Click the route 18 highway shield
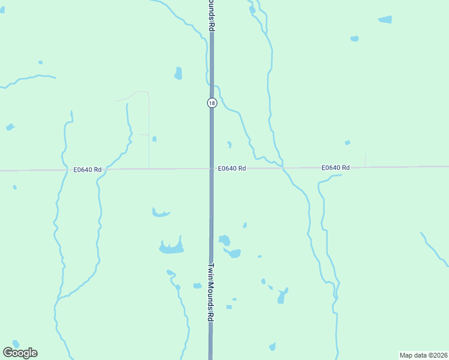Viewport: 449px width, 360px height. tap(212, 103)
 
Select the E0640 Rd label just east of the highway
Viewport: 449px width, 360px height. tap(232, 169)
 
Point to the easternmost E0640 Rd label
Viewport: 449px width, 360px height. tap(335, 167)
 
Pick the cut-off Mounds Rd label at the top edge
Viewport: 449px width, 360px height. tap(212, 15)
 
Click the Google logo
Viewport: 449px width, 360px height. tap(20, 353)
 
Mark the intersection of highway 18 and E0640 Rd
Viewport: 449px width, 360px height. tap(212, 169)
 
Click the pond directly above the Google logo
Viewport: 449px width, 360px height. tap(15, 344)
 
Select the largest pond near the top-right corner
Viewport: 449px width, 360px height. tap(385, 19)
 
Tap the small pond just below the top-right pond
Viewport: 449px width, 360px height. tap(355, 39)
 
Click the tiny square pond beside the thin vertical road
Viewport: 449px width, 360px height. tap(154, 139)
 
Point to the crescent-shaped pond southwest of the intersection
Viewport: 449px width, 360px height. tap(160, 212)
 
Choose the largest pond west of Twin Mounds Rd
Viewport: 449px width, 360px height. tap(171, 247)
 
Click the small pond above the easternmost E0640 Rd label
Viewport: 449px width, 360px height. tap(347, 143)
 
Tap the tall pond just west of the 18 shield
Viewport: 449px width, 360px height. tap(178, 73)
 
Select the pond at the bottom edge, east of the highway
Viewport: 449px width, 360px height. tap(273, 346)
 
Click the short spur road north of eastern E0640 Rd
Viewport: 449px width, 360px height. tap(365, 160)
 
